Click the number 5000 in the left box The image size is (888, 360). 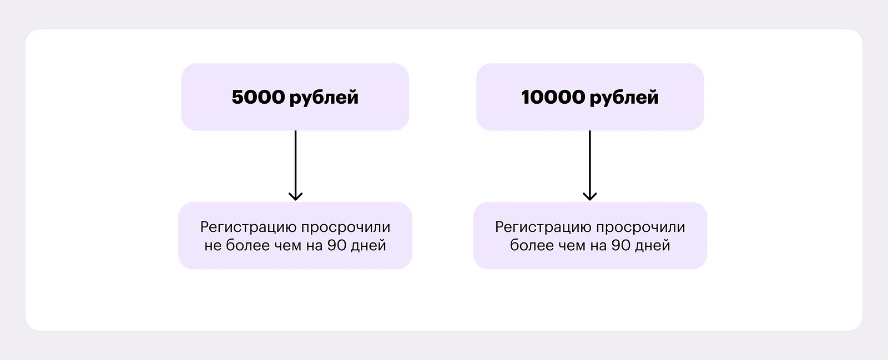(258, 97)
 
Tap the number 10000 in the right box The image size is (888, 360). (553, 97)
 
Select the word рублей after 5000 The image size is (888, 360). (324, 98)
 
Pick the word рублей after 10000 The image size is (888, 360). (624, 98)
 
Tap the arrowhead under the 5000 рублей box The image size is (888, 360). (295, 196)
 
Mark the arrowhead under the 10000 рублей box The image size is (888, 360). (589, 196)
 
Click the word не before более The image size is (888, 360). (213, 245)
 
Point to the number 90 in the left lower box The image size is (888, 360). (337, 245)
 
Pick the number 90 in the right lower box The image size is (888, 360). (621, 245)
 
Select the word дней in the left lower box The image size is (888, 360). (369, 245)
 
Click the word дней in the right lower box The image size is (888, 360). (653, 245)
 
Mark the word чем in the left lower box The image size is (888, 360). (287, 245)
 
